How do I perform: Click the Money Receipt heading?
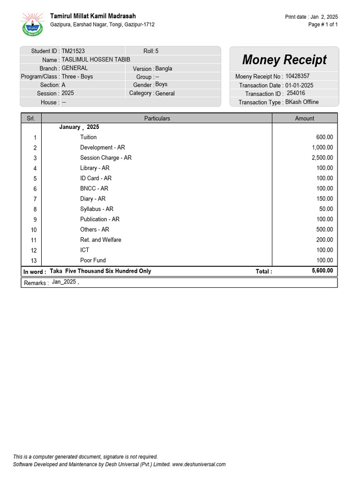[284, 60]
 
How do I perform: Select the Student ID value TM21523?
[73, 51]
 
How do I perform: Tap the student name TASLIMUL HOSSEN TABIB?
[96, 60]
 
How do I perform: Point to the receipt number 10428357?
[297, 76]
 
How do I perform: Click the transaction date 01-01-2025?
[299, 85]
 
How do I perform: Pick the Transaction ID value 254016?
[296, 93]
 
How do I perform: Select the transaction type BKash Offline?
[302, 102]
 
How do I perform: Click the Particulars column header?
[157, 119]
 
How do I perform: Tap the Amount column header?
[304, 119]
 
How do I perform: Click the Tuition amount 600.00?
[324, 137]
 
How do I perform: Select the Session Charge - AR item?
[106, 158]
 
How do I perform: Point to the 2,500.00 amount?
[322, 158]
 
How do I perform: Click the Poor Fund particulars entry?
[93, 260]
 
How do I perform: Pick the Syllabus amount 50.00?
[326, 209]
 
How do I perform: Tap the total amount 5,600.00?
[322, 271]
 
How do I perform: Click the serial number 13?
[34, 261]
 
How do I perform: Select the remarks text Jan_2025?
[64, 282]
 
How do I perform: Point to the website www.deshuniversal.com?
[199, 465]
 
